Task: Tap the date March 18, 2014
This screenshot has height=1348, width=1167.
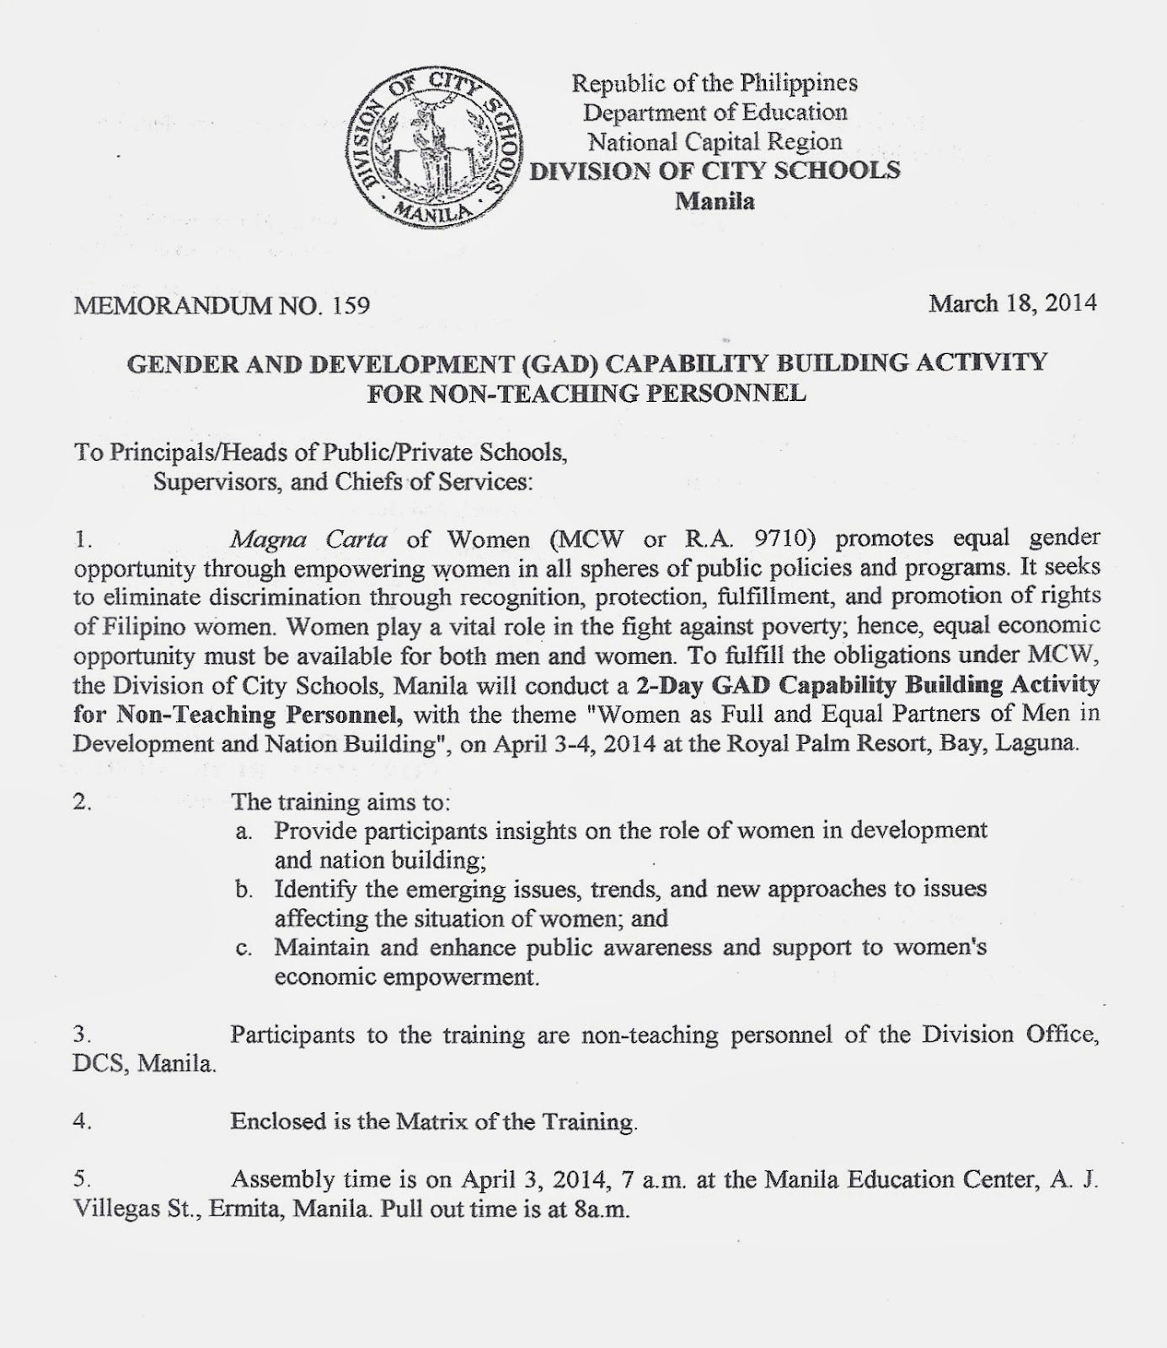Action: click(1012, 302)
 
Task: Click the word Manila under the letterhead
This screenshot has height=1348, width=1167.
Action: click(715, 201)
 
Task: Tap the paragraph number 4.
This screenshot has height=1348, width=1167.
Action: click(82, 1121)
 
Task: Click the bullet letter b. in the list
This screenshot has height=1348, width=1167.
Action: click(244, 890)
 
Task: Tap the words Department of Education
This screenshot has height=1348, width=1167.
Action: click(715, 112)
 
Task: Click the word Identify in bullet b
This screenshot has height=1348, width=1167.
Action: click(313, 889)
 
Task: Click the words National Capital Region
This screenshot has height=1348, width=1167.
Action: click(715, 142)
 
